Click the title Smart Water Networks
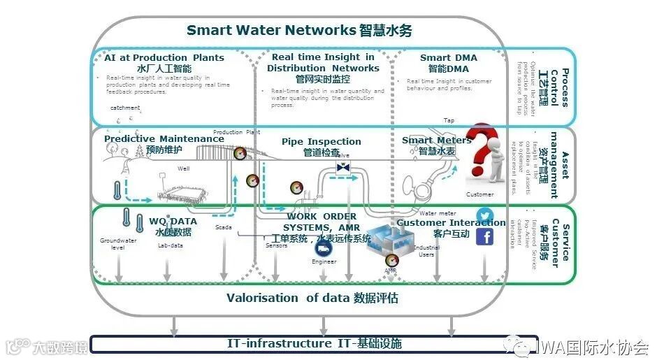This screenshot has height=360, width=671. pyautogui.click(x=299, y=31)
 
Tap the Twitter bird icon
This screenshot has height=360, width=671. pyautogui.click(x=484, y=215)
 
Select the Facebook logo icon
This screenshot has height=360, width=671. pyautogui.click(x=484, y=238)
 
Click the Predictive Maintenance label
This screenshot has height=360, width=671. pyautogui.click(x=164, y=139)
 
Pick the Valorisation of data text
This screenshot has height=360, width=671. pyautogui.click(x=312, y=298)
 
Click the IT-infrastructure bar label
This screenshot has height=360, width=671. pyautogui.click(x=314, y=344)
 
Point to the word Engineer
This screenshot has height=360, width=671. pyautogui.click(x=324, y=261)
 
